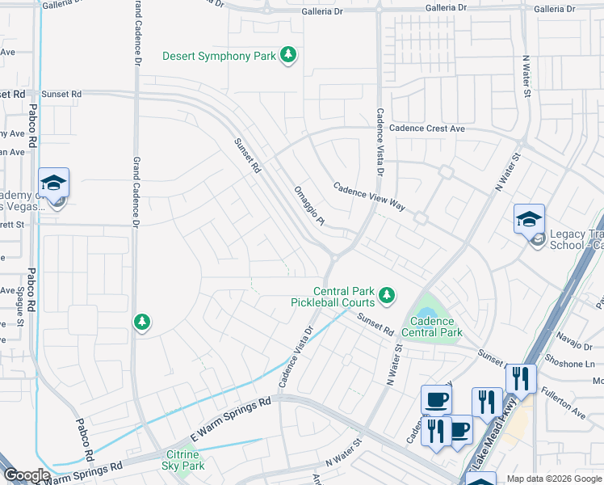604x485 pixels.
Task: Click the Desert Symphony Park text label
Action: (219, 57)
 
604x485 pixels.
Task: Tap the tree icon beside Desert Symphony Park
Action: (288, 56)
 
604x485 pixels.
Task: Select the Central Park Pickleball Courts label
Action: (333, 297)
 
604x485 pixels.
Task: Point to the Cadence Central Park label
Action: (431, 327)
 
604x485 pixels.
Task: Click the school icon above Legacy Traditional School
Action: (529, 219)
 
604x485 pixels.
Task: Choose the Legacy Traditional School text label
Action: (576, 239)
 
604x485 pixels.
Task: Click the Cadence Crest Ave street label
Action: (427, 129)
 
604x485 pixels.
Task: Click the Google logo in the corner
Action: (27, 475)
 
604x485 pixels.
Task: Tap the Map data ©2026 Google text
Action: (553, 479)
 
